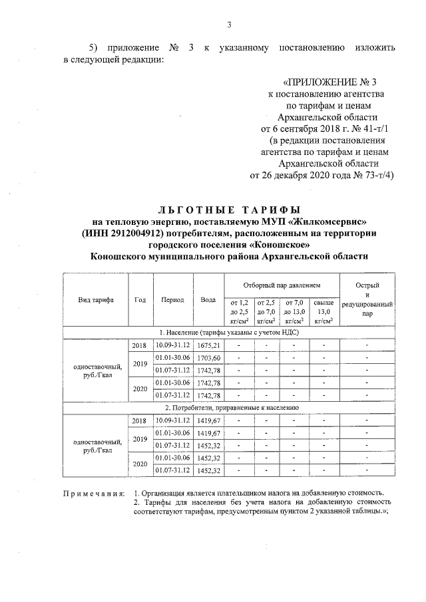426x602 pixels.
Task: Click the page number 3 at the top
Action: click(228, 25)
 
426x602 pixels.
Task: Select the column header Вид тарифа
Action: click(95, 299)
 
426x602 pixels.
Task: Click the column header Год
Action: click(140, 299)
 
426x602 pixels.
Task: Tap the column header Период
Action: click(172, 299)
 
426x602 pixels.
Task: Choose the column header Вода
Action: click(208, 299)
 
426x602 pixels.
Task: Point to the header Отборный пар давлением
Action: click(282, 284)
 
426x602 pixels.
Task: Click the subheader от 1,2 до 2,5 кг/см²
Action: click(239, 311)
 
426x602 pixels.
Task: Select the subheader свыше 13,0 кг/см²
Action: click(323, 311)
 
